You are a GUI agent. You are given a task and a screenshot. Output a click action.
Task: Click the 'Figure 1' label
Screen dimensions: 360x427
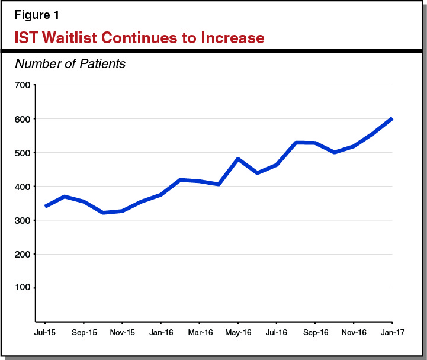click(37, 14)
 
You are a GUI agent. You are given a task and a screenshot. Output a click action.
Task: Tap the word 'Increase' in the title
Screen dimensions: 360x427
click(228, 38)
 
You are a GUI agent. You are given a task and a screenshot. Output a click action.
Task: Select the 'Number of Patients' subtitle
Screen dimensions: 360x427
click(70, 63)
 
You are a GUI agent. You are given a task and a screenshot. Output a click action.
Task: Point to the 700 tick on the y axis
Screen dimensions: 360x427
click(22, 85)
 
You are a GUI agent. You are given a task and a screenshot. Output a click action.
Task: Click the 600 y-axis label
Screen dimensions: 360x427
click(22, 119)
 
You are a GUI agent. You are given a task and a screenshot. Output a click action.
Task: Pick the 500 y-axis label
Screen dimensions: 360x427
click(22, 153)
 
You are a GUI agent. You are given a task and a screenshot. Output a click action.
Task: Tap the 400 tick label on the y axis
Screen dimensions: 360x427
click(22, 187)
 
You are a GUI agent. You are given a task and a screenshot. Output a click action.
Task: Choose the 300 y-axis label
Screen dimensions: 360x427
click(22, 220)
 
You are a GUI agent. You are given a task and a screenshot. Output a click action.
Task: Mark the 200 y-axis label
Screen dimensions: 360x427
click(22, 254)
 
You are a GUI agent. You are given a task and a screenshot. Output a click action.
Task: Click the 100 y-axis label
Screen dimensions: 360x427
click(22, 288)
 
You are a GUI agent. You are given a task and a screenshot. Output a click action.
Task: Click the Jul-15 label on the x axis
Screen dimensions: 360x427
click(46, 333)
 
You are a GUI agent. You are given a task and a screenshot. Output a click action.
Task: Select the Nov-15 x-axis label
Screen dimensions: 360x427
click(122, 333)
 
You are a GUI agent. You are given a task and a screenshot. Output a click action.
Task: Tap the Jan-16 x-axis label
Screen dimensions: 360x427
click(160, 333)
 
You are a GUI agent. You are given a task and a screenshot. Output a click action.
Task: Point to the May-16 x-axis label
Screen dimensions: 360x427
click(237, 333)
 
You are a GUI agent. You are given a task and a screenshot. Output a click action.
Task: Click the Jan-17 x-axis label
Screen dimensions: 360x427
click(391, 333)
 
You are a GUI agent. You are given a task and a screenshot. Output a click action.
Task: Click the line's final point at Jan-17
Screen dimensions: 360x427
click(391, 119)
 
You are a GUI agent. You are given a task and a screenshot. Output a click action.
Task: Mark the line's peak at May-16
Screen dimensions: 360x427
click(237, 159)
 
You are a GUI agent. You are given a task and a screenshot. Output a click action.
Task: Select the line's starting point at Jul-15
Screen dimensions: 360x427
click(46, 206)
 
